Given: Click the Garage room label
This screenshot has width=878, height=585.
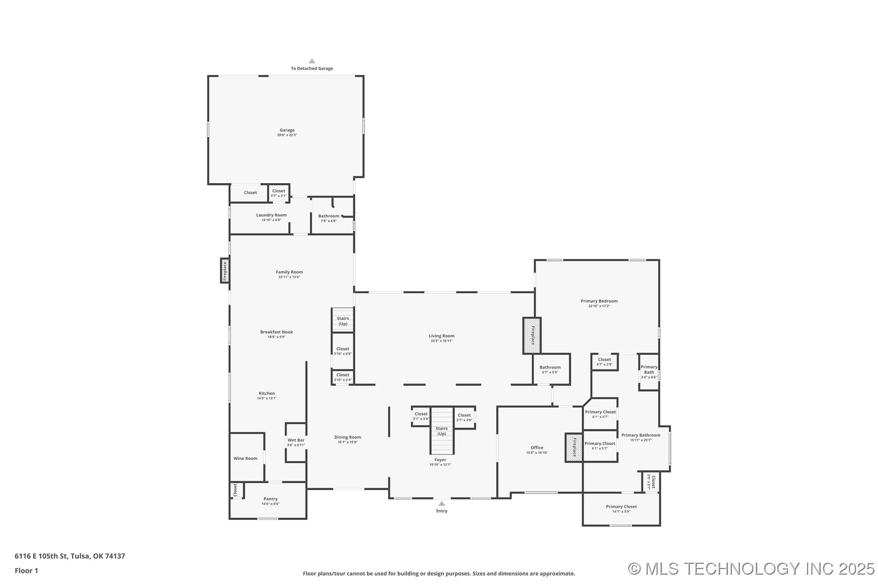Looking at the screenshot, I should click(x=287, y=130).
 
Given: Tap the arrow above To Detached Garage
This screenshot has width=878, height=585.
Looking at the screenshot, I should click(x=312, y=61).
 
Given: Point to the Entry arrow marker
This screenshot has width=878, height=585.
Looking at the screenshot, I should click(x=442, y=504).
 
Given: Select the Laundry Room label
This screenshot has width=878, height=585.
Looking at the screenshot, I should click(x=271, y=215).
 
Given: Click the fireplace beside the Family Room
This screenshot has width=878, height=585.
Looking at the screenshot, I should click(x=225, y=271).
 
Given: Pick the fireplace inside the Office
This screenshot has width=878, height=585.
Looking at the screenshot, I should click(x=574, y=447).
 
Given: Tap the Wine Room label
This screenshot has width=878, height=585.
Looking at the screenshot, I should click(x=245, y=458).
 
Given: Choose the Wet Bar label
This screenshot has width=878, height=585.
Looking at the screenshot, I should click(x=296, y=440).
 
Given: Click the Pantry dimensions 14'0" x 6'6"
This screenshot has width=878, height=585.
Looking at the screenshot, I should click(x=270, y=504).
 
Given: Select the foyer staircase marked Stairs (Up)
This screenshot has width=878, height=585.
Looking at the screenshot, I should click(x=442, y=431).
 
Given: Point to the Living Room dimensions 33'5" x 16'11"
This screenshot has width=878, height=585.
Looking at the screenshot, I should click(x=442, y=341).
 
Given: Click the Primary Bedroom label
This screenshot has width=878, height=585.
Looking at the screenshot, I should click(x=599, y=301).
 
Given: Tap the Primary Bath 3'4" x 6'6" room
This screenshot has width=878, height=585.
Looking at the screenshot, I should click(x=649, y=372).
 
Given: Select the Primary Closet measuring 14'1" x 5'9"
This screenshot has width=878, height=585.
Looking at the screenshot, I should click(x=621, y=509).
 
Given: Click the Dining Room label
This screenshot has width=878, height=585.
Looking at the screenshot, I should click(x=348, y=437).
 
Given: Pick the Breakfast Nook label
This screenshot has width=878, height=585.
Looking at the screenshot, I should click(x=276, y=332).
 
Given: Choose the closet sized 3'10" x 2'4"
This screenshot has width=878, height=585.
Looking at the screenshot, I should click(x=343, y=377).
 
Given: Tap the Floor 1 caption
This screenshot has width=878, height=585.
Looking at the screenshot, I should click(x=26, y=571).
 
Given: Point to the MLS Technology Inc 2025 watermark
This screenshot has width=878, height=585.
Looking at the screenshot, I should click(x=751, y=569).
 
